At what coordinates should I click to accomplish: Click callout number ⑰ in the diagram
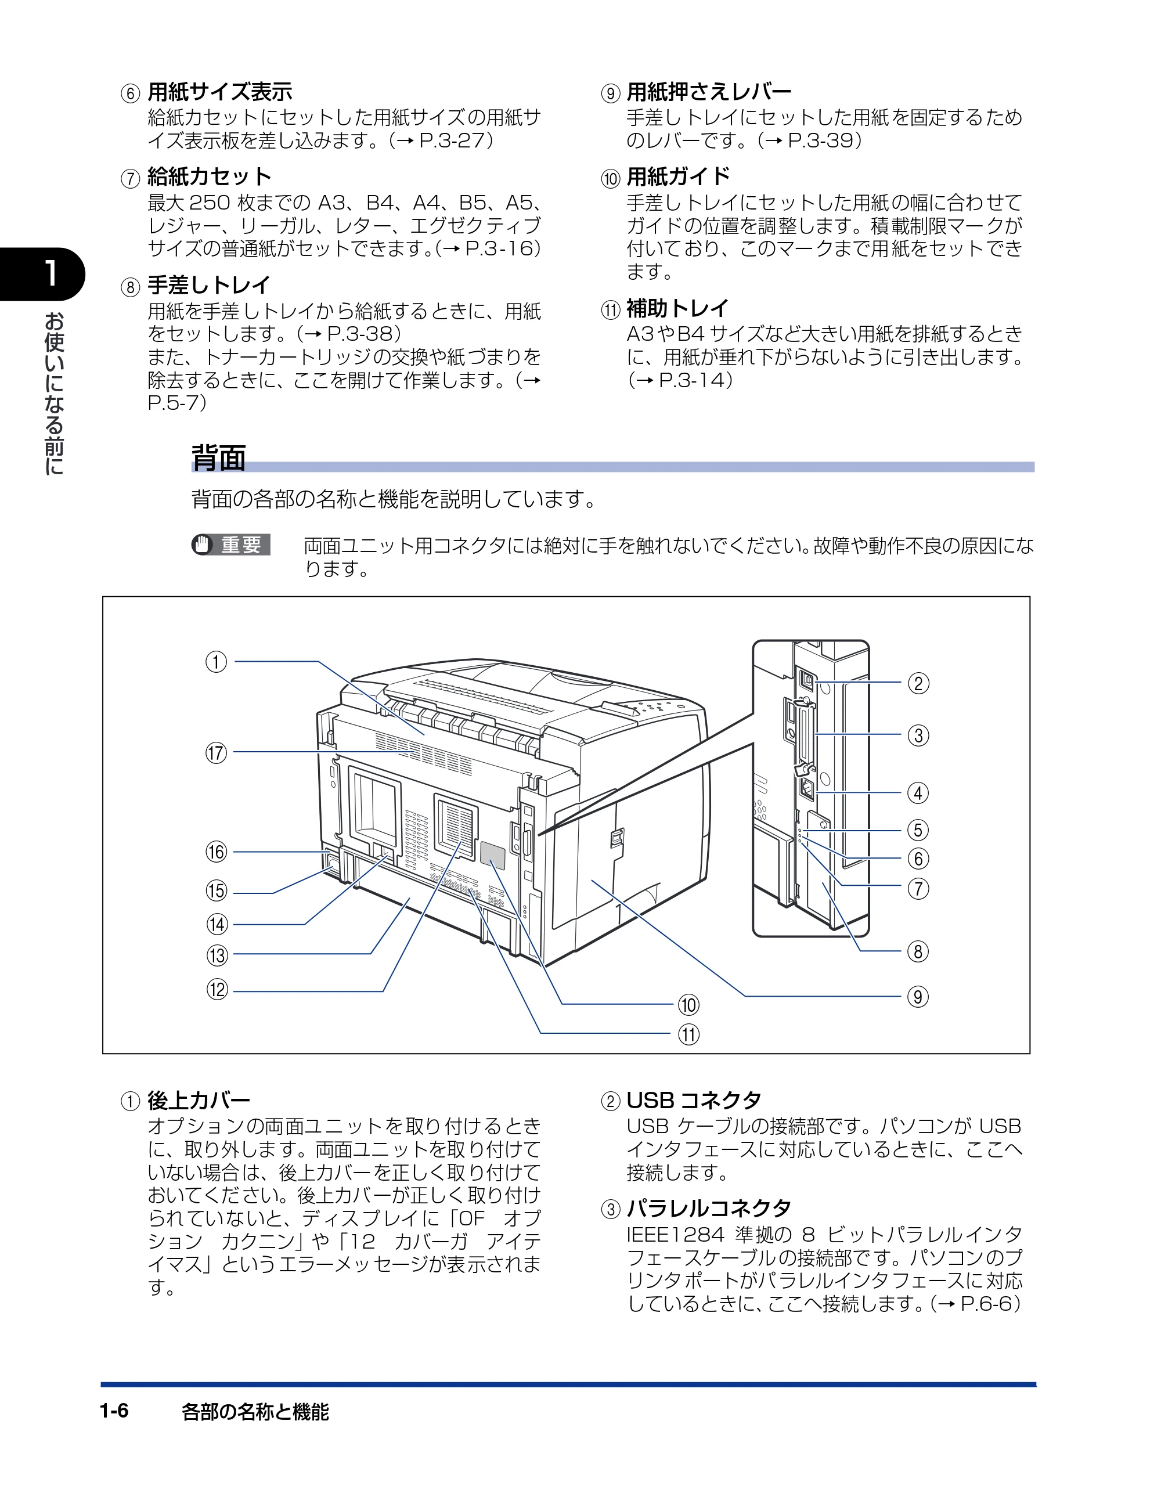tap(216, 753)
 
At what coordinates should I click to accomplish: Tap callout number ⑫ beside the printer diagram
tap(218, 989)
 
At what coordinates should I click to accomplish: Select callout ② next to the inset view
tap(918, 683)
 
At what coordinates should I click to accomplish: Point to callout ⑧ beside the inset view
tap(918, 951)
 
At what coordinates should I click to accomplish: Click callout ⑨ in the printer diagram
tap(918, 996)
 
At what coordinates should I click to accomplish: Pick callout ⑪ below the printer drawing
tap(688, 1034)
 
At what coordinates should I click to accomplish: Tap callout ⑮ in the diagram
tap(217, 890)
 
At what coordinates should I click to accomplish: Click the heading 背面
tap(219, 458)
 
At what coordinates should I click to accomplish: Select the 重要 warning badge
tap(231, 545)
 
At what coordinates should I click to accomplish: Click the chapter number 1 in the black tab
tap(50, 273)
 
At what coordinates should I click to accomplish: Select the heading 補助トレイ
tap(677, 308)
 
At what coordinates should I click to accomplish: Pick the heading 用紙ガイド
tap(678, 176)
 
